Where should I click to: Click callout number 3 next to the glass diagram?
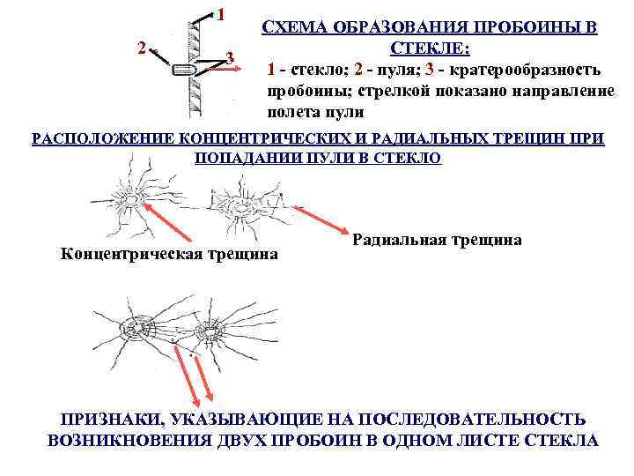[x=229, y=58]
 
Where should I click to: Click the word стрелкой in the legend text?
[x=369, y=91]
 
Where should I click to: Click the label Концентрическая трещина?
[x=169, y=255]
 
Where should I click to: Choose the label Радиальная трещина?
[x=437, y=239]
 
